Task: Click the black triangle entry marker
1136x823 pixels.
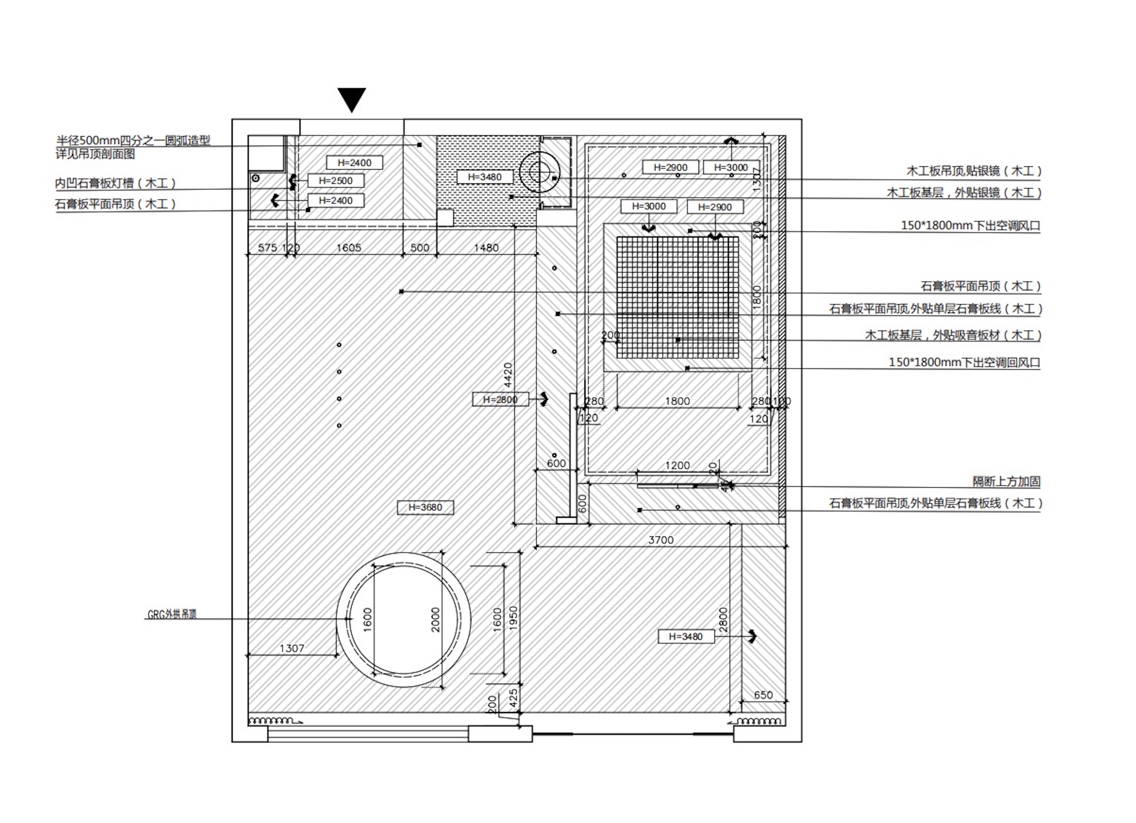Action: coord(352,99)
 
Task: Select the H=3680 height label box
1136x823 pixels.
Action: coord(425,507)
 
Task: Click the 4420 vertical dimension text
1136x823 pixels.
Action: coord(508,375)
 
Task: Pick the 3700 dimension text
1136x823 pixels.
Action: coord(661,540)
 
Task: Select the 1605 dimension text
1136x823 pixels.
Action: coord(349,247)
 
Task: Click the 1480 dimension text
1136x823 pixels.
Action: coord(486,247)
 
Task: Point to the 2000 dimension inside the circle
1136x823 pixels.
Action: coord(435,620)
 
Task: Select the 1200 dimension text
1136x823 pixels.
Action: coord(677,465)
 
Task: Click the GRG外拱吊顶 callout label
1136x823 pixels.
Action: coord(172,614)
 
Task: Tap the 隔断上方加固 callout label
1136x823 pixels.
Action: coord(1006,481)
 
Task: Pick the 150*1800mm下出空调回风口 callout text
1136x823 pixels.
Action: coord(964,362)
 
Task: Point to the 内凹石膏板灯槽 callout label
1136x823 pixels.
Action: coord(115,183)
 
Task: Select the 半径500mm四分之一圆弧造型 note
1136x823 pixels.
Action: coord(133,141)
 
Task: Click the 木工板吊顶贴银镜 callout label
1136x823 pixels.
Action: coord(974,171)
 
